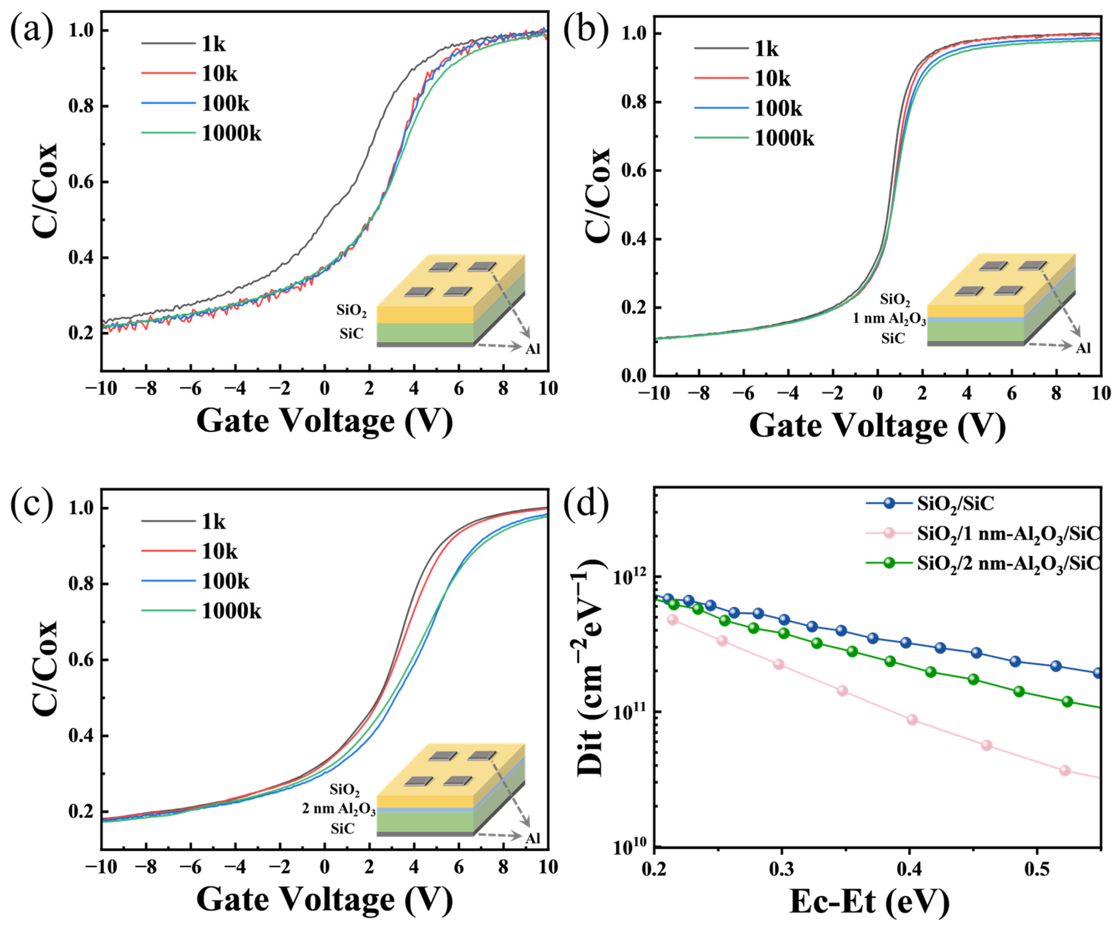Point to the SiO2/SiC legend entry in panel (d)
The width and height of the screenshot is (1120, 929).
click(955, 503)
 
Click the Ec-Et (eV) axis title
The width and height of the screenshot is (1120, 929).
click(869, 902)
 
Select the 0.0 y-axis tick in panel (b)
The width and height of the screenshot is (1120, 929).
click(634, 376)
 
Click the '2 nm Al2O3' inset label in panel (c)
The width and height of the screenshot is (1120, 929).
click(339, 809)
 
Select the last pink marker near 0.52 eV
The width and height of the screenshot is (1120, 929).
click(1065, 771)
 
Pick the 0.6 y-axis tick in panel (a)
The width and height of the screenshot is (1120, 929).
click(81, 182)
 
